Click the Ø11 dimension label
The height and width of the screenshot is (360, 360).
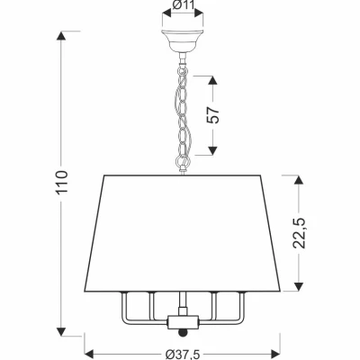[x=183, y=5]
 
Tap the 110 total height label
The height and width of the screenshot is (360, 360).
[x=62, y=182]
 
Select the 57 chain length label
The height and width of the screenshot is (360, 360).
[x=213, y=114]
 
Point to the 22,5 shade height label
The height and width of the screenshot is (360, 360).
[x=299, y=232]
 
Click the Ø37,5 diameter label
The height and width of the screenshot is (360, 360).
[x=183, y=355]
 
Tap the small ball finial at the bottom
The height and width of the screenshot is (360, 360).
[x=182, y=333]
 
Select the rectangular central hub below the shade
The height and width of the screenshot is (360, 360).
[x=183, y=321]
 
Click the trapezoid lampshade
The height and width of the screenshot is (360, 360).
[x=183, y=233]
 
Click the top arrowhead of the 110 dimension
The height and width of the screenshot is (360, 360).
[x=61, y=36]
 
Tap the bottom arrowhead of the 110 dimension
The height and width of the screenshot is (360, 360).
[x=61, y=331]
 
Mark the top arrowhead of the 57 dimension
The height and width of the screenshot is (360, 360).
[x=212, y=81]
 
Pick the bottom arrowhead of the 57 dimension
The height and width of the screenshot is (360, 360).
[x=212, y=150]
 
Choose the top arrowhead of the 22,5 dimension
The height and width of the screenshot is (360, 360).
[x=298, y=181]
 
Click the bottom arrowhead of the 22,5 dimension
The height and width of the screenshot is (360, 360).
[x=298, y=286]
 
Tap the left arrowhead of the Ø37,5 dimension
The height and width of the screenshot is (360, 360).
[x=90, y=353]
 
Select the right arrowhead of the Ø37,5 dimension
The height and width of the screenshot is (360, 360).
[x=275, y=353]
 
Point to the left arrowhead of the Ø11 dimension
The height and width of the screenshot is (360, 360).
[x=166, y=13]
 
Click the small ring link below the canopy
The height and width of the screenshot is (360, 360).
[x=182, y=71]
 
